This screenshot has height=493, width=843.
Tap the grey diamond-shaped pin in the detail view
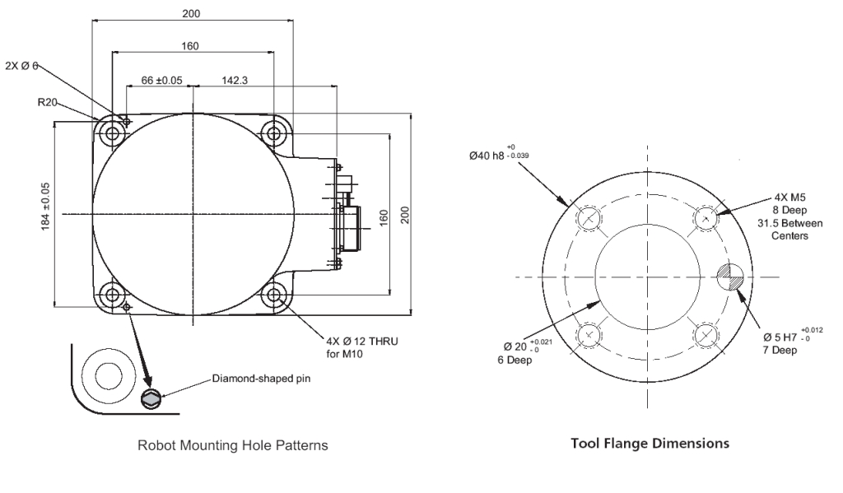point(151,399)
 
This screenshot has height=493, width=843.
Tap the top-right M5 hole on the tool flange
point(706,218)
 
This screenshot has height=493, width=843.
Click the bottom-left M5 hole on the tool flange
point(589,335)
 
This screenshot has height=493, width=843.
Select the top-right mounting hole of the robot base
point(272,132)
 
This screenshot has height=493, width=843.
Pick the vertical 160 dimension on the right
point(384,215)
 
